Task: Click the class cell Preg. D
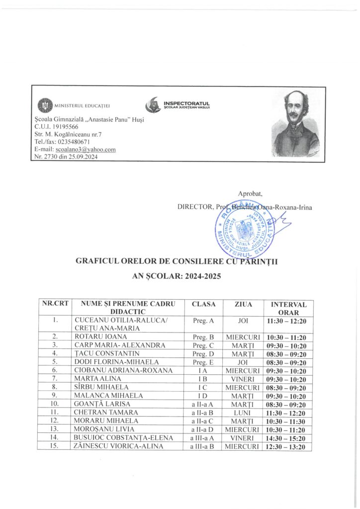click(203, 353)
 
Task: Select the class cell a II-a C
click(203, 421)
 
